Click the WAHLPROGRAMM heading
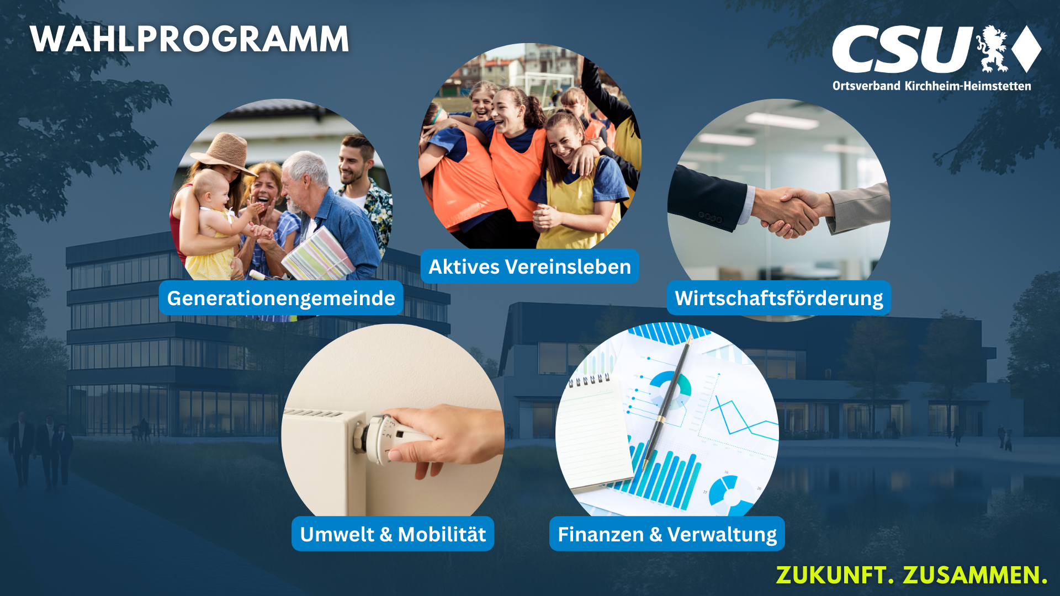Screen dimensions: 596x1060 pos(189,39)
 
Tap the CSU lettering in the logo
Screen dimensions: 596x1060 pos(902,50)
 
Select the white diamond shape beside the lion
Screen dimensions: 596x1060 pos(1027,49)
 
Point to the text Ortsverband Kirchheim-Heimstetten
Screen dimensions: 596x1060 pos(931,86)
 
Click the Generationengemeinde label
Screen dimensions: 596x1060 pos(281,298)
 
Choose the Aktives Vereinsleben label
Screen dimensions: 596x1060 pos(529,267)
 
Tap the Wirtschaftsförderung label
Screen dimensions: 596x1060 pos(778,298)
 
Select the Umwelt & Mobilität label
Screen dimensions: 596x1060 pos(393,534)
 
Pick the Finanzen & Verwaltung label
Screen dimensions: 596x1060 pos(667,534)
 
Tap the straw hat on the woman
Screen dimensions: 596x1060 pos(225,151)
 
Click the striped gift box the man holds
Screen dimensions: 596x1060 pos(319,255)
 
